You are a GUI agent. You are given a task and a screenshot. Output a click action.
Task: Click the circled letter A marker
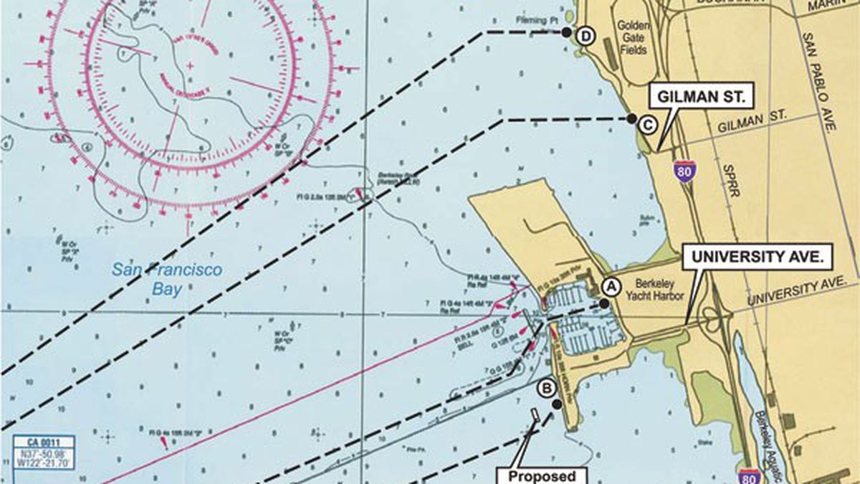click(611, 286)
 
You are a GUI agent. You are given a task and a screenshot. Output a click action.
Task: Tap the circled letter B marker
click(548, 389)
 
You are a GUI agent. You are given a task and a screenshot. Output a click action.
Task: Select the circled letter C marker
click(646, 125)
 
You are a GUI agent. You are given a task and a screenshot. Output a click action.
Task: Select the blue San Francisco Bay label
click(167, 278)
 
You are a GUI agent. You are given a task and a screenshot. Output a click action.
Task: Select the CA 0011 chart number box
click(44, 442)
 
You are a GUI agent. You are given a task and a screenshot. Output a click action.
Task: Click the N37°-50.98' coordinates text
click(44, 455)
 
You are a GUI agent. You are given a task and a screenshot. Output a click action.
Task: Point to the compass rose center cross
click(189, 66)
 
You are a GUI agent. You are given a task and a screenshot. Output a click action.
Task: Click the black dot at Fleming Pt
click(566, 32)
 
